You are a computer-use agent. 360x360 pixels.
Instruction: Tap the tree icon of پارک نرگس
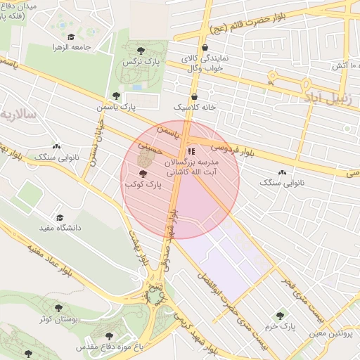coord(141,50)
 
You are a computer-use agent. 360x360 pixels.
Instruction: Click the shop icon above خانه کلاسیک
coord(194,97)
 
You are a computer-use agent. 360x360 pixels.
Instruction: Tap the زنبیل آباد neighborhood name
coord(329,95)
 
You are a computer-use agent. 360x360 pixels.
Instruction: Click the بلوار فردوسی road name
coord(230,149)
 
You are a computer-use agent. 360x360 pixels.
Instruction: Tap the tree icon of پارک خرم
coord(281,316)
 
